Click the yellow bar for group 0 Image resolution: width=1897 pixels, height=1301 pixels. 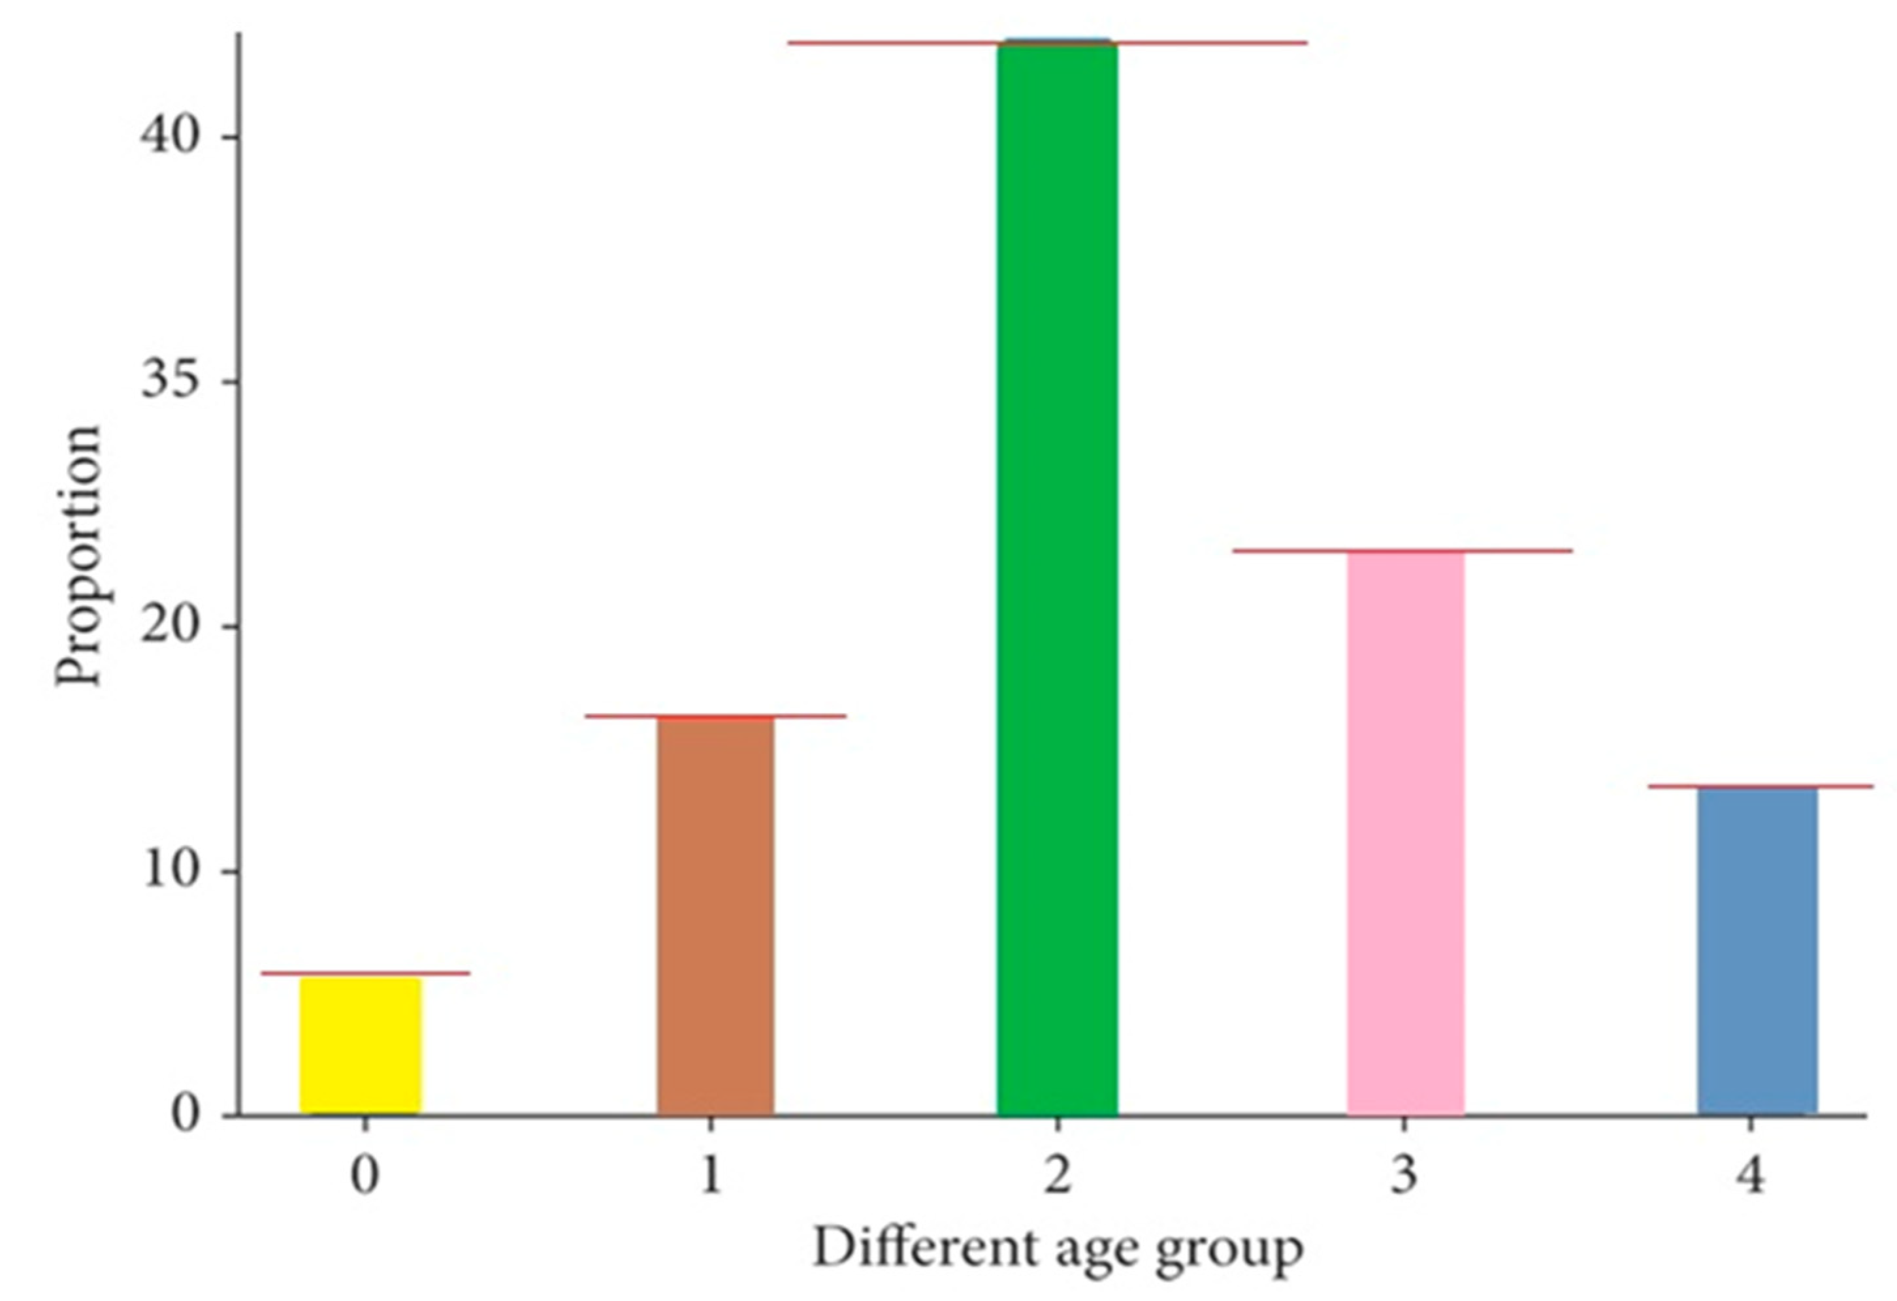[x=361, y=1045]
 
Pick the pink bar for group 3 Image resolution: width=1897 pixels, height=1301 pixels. [x=1406, y=833]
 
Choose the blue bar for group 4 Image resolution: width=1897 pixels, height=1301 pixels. [x=1757, y=951]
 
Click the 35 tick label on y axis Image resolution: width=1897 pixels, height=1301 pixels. [x=170, y=381]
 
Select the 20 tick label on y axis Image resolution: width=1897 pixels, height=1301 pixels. [x=170, y=627]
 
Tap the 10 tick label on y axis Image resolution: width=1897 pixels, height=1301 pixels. [x=170, y=871]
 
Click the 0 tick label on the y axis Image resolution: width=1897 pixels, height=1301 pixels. [x=186, y=1115]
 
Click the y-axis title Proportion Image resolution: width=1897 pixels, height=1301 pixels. [x=78, y=556]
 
